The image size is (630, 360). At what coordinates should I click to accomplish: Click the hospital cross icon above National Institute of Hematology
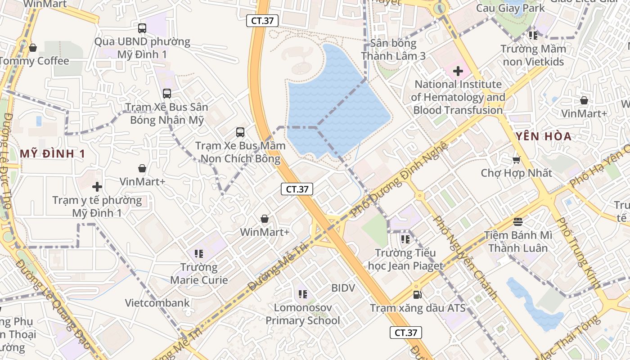coord(458,71)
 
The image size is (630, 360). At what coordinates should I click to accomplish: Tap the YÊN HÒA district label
coord(544,136)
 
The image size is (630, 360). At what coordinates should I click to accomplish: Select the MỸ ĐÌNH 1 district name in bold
coord(53,154)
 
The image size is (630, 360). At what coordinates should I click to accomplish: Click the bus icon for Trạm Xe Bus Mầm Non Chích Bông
coord(240,132)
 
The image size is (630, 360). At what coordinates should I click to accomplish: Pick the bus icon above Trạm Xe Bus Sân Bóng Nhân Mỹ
coord(167,94)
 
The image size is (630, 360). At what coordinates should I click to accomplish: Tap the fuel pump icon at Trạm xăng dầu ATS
coord(418,295)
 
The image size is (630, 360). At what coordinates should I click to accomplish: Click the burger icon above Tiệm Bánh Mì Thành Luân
coord(518,221)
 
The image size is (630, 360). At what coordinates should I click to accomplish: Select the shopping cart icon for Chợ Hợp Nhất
coord(517,160)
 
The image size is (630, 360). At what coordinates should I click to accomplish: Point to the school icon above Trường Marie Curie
coord(199,254)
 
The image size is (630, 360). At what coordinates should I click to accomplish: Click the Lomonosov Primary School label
coord(303,314)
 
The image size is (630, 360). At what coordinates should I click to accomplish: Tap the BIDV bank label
coord(343,288)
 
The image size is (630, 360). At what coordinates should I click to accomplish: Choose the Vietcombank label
coord(157,302)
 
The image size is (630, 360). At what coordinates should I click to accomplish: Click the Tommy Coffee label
coord(35,61)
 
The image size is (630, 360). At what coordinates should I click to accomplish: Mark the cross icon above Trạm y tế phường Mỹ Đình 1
coord(97,186)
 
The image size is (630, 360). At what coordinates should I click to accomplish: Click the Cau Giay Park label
coord(510,8)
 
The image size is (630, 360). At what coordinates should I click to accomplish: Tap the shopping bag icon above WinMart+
coord(265,219)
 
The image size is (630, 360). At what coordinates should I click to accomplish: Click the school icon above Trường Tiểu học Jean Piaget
coord(405,239)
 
